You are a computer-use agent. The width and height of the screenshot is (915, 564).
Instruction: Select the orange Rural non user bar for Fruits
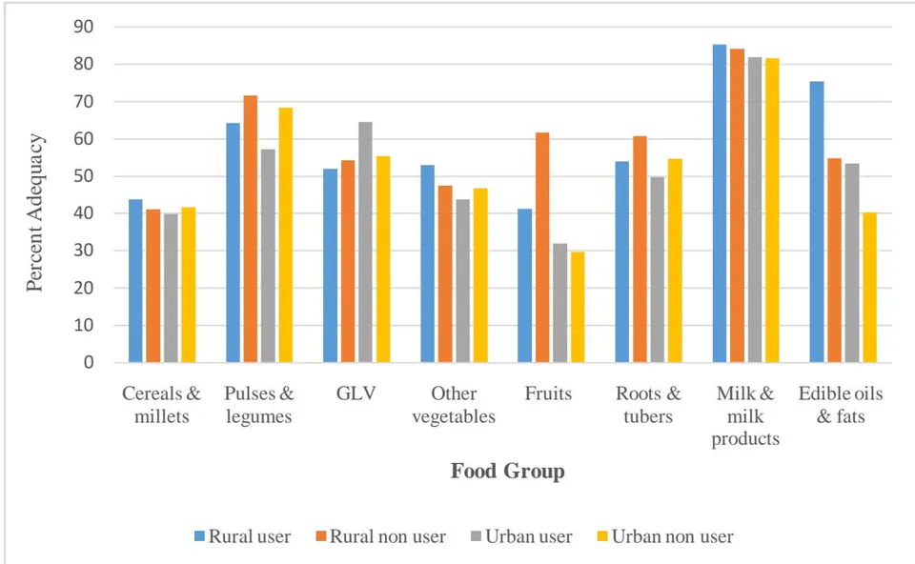coord(542,248)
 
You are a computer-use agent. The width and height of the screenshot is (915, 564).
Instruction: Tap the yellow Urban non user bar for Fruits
coord(578,307)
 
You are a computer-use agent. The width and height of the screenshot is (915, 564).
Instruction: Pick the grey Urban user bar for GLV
coord(365,242)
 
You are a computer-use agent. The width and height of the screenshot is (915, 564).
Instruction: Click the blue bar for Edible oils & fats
coord(817,222)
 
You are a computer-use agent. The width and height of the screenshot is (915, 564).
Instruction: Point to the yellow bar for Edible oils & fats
coord(869,288)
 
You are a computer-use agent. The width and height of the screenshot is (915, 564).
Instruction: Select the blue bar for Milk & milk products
coord(720,204)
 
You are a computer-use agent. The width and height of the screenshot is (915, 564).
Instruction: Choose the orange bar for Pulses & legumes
coord(251,229)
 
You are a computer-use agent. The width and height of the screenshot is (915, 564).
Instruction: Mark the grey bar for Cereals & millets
coord(171,288)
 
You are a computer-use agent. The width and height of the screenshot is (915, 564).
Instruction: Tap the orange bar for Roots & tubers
coord(640,249)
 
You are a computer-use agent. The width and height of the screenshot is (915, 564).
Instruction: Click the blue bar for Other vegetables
coord(428,264)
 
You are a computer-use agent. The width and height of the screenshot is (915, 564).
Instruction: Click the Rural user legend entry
coord(243,536)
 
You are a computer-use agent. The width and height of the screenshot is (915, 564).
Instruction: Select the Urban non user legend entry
coord(664,536)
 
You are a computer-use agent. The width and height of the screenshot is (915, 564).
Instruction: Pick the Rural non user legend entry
coord(381,536)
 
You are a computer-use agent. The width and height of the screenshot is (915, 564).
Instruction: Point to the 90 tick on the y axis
coord(84,27)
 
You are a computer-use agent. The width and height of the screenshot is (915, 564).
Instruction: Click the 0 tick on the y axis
coord(89,362)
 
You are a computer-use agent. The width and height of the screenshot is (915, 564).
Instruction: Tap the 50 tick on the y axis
coord(84,176)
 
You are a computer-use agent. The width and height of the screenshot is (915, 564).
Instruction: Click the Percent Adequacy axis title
coord(35,212)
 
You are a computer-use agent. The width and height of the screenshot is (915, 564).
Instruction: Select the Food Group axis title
coord(508,471)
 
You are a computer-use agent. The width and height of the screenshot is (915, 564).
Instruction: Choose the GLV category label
coord(356,393)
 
